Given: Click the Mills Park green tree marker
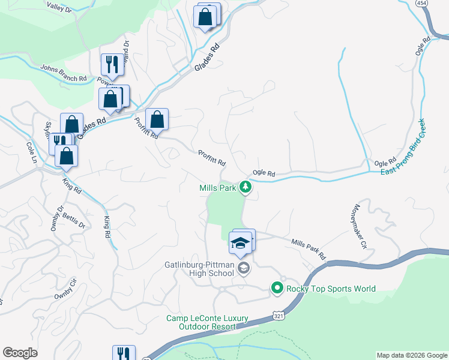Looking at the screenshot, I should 245,188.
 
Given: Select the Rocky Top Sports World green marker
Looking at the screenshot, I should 277,289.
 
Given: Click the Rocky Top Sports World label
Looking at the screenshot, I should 331,289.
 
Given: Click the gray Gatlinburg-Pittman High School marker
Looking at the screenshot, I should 243,268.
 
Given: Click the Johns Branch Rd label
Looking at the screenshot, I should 64,73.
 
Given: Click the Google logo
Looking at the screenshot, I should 20,353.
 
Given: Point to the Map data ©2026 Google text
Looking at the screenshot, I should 411,355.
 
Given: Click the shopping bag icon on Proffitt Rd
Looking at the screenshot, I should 157,120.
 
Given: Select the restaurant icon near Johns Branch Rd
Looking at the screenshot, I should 112,64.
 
